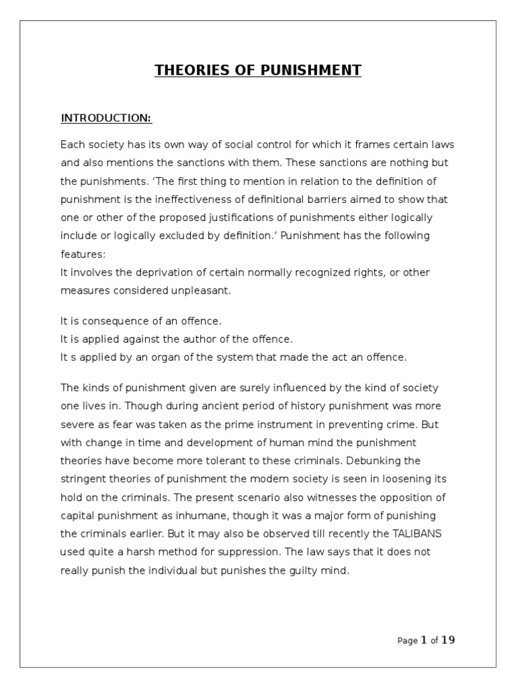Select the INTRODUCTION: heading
tap(106, 119)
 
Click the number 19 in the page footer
tap(448, 640)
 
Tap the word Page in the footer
tap(407, 641)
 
